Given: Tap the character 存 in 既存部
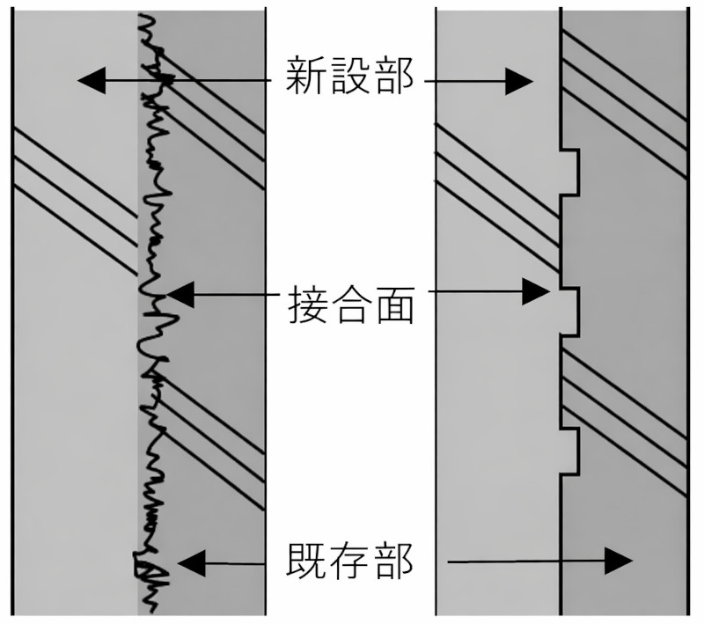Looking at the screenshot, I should (351, 561).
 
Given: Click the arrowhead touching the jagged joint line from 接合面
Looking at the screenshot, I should (179, 294).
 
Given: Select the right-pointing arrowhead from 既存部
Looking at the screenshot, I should (620, 561).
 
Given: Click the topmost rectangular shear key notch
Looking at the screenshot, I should (571, 171).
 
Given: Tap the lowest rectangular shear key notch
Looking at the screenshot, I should (571, 450).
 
